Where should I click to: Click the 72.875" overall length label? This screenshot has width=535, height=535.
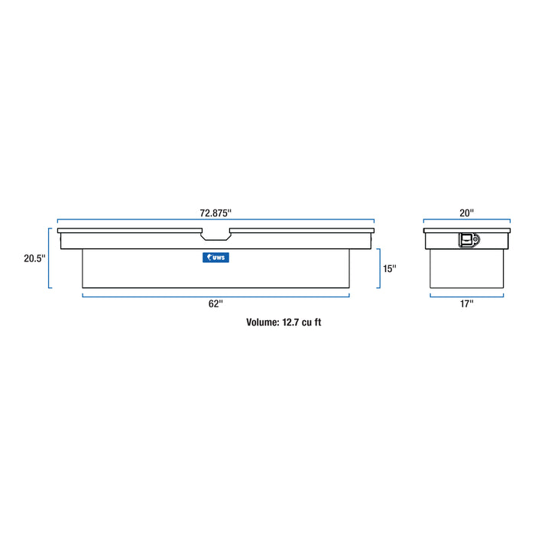coord(216,213)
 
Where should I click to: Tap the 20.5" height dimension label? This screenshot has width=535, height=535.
coord(34,258)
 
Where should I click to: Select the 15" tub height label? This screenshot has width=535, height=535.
coord(389,268)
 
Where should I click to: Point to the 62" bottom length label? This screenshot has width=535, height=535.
coord(216,303)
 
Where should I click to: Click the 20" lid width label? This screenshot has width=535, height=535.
coord(467,213)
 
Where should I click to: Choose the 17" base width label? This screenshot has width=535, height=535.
coord(467,303)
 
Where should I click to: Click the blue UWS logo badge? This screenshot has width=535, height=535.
coord(216,258)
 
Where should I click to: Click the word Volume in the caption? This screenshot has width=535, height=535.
coord(263,322)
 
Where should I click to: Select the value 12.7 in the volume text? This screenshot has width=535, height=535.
coord(290,322)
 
